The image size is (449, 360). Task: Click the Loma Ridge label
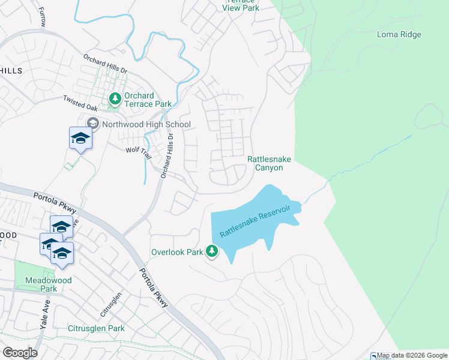click(x=399, y=34)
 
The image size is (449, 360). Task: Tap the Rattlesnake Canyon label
click(x=265, y=163)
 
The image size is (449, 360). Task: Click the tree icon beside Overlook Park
click(x=212, y=251)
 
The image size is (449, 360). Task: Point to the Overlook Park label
click(x=177, y=252)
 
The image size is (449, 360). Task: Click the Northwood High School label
click(x=146, y=125)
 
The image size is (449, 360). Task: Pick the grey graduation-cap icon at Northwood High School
click(x=92, y=124)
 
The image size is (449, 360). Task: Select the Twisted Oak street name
click(x=80, y=103)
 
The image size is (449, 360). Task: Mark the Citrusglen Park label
click(x=96, y=328)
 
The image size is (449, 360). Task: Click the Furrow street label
click(x=41, y=16)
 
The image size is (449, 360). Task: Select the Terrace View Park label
click(x=241, y=5)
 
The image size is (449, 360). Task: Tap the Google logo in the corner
click(x=20, y=352)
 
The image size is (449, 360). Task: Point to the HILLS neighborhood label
click(x=11, y=71)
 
